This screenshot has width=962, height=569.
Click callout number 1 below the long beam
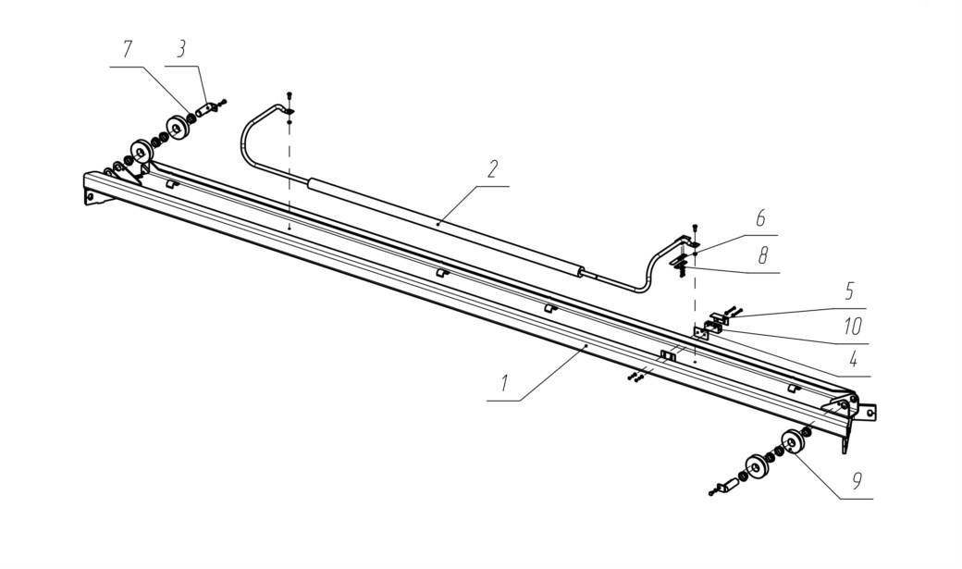(x=504, y=384)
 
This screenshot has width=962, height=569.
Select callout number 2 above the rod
(x=493, y=169)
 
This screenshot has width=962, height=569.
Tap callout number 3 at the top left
(x=181, y=50)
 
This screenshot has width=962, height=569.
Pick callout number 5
(x=849, y=291)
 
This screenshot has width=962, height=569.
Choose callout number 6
(x=760, y=218)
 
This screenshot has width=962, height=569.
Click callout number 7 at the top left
(x=127, y=50)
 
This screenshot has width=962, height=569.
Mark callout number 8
(x=762, y=255)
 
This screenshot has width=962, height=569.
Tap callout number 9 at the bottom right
(x=857, y=480)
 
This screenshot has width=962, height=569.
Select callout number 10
(x=853, y=326)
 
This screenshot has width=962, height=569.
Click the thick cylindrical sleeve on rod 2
(x=444, y=228)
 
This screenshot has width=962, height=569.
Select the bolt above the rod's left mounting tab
(x=290, y=95)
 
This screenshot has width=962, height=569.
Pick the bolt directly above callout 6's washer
(x=695, y=228)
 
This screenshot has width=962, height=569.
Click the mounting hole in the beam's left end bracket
(x=91, y=196)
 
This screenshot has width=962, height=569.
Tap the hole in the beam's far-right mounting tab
(x=869, y=414)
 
